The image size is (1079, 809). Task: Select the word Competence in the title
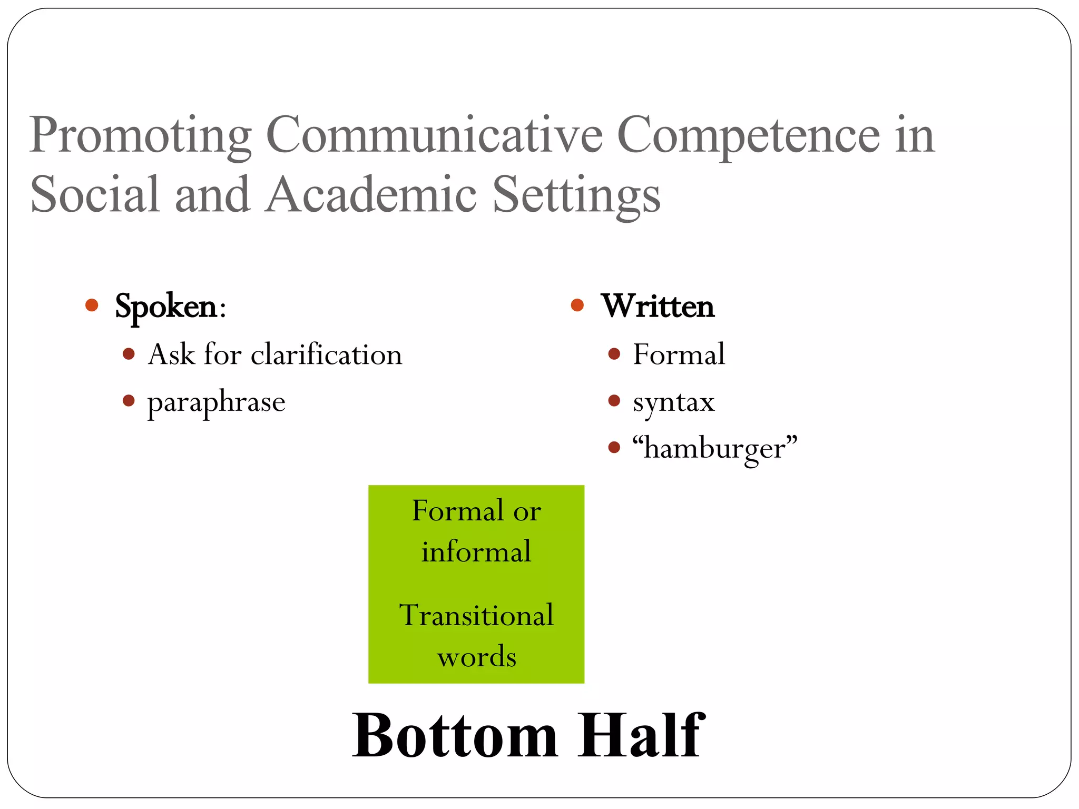click(748, 136)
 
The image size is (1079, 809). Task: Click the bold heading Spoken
click(166, 307)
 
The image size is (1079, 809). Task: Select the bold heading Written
click(658, 306)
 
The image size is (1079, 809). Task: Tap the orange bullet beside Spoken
click(92, 305)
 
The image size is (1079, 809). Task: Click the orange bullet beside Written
click(577, 305)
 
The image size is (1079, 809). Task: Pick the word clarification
click(326, 354)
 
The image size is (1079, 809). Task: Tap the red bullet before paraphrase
click(129, 401)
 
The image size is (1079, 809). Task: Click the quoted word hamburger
click(715, 449)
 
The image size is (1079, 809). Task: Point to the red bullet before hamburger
click(614, 448)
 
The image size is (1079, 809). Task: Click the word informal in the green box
click(476, 552)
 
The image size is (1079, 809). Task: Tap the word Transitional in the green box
click(476, 615)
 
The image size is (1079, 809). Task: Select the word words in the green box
click(476, 657)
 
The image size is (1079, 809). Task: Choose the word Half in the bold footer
click(640, 735)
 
